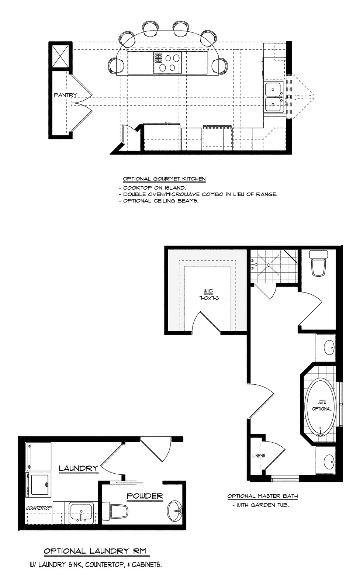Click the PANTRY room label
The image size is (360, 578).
pos(65,95)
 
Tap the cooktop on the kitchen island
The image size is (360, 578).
pos(167,62)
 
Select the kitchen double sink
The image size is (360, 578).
pos(274,97)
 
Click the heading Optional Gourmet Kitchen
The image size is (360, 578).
pos(164,179)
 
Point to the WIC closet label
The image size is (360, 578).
pos(208,291)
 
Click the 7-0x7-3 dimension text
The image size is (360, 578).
pos(208,298)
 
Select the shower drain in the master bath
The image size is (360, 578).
pos(269,265)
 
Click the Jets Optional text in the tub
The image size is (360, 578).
pos(322,405)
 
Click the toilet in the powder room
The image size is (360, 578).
pos(115,510)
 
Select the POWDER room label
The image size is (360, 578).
pos(145,496)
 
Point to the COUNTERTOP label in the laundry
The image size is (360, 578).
pos(39,508)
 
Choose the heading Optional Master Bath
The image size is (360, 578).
pos(263,496)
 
